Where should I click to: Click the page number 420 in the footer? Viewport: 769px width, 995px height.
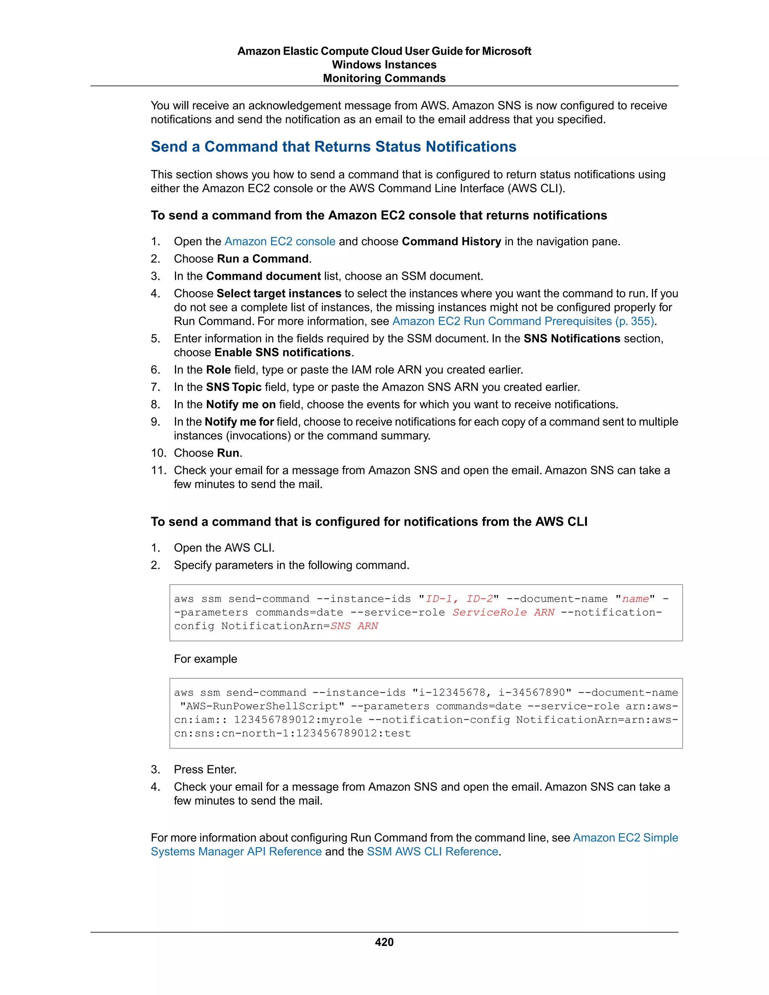coord(384,942)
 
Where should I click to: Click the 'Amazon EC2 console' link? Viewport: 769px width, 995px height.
coord(280,241)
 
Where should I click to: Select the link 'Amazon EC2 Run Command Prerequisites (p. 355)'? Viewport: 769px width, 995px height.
coord(523,321)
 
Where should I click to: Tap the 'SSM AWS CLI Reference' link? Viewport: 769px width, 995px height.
coord(432,852)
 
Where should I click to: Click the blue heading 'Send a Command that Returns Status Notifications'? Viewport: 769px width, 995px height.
coord(333,147)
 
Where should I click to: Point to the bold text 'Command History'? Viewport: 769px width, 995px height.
coord(451,241)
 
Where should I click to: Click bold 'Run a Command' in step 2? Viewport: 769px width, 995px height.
coord(263,259)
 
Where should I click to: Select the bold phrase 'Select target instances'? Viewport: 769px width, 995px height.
coord(279,293)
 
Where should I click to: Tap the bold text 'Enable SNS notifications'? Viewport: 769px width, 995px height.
coord(282,353)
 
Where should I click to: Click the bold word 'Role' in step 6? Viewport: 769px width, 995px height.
coord(218,370)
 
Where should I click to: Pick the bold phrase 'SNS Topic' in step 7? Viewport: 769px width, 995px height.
coord(234,387)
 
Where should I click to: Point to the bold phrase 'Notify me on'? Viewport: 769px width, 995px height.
coord(241,404)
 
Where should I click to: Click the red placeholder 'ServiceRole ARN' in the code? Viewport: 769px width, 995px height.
coord(504,612)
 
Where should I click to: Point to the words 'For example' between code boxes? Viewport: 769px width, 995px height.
coord(205,659)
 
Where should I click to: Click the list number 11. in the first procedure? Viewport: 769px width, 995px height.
coord(158,470)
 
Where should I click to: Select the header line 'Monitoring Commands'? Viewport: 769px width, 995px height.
coord(384,78)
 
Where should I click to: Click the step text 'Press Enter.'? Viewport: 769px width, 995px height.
coord(205,769)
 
